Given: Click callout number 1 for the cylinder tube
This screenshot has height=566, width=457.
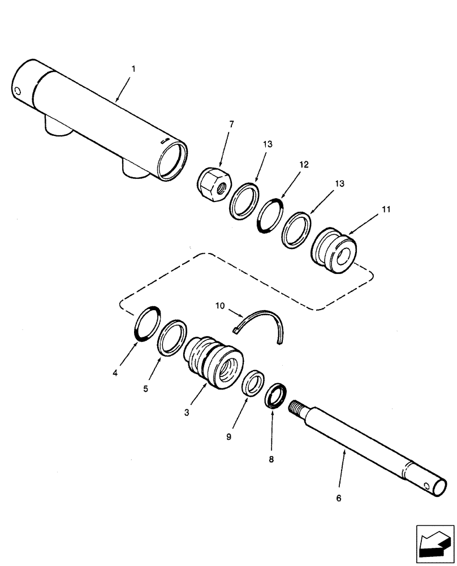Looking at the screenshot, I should [133, 68].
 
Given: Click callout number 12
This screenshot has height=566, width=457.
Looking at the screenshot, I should [304, 164].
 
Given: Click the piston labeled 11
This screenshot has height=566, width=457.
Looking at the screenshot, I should [335, 252].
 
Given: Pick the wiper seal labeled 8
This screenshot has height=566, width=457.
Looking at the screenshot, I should [276, 395].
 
